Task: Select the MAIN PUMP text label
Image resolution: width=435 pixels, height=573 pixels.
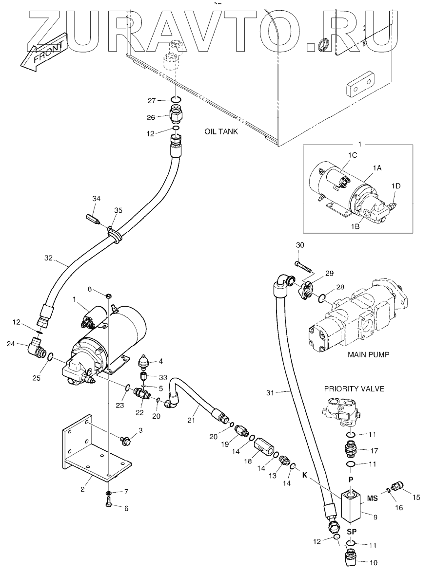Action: [368, 354]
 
